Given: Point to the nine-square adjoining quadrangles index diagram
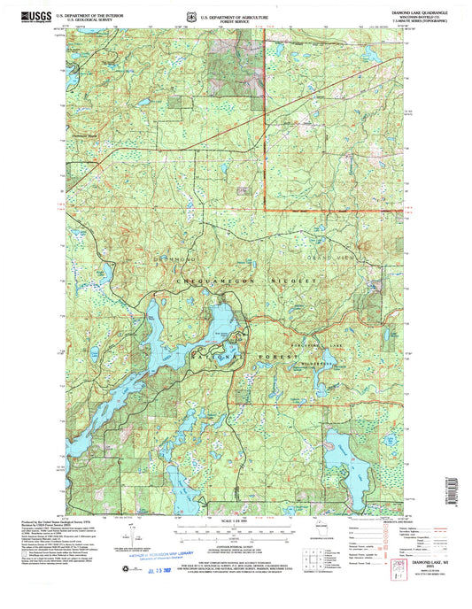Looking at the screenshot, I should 311,563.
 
